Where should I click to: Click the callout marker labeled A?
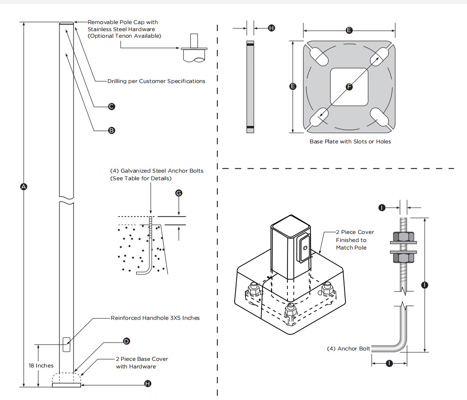[x=24, y=187]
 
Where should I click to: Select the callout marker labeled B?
[x=112, y=130]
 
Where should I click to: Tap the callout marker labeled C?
[x=112, y=106]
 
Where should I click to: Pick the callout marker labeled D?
[x=126, y=341]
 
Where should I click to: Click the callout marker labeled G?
[x=179, y=193]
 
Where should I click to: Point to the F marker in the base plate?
[x=349, y=87]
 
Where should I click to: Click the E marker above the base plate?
[x=349, y=30]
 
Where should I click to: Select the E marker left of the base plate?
[x=293, y=86]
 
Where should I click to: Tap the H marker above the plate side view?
[x=271, y=28]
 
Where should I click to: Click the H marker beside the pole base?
[x=148, y=384]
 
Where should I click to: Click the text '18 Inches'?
[x=41, y=366]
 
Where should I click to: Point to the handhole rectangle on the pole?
[x=66, y=344]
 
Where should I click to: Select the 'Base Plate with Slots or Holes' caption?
[x=350, y=142]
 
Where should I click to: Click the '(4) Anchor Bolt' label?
[x=348, y=349]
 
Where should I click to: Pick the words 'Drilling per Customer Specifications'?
[x=156, y=81]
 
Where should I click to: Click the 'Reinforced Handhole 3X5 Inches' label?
[x=155, y=318]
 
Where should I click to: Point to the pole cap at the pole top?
[x=66, y=23]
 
